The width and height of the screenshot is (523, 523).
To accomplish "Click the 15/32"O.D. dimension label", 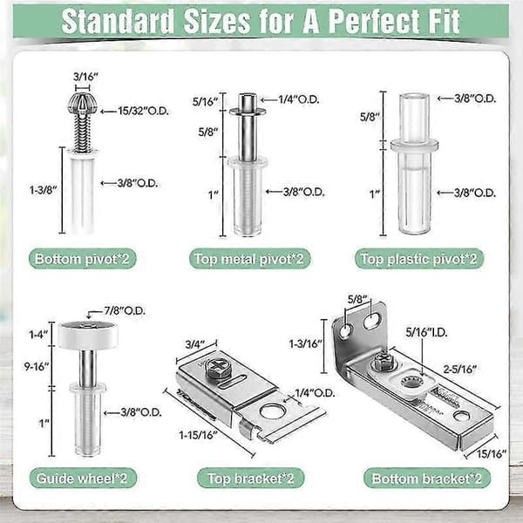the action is point(144,111).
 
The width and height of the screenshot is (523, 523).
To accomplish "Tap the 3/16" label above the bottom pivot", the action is point(85,77).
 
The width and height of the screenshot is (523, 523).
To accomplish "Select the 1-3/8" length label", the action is point(43,190).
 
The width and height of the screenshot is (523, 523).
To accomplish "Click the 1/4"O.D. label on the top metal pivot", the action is point(299,99).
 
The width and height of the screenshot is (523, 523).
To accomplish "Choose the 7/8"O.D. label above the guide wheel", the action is point(125,311).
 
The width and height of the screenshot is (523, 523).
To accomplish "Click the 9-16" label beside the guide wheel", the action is point(37,366).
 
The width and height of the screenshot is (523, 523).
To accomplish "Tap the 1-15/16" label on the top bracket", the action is point(198,435).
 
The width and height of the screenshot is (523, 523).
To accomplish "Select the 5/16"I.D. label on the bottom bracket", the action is point(426,332).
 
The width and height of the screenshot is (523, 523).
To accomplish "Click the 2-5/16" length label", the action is point(459,369).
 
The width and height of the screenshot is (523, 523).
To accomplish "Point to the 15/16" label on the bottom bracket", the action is point(492,454).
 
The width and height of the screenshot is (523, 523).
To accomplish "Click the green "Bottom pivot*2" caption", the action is point(82,259).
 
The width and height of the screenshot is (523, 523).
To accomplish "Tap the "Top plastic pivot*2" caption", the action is point(418,259).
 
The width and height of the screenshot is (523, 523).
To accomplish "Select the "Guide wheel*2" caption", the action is point(82,479).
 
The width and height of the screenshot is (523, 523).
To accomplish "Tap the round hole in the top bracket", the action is point(271,411).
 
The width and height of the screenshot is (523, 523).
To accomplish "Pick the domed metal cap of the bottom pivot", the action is point(83,103).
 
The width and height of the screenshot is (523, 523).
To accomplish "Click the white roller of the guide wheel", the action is point(88,335).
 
